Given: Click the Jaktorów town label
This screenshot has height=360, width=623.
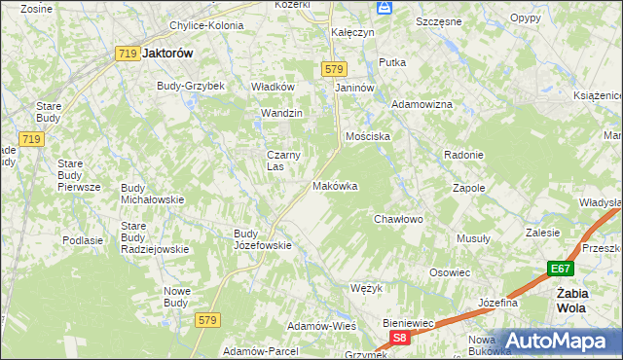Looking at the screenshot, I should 168,55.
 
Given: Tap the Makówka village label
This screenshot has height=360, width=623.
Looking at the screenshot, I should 335,186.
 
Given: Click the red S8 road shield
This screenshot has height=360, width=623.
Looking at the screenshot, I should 399,338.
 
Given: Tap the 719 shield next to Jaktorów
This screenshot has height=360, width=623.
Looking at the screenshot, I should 125,55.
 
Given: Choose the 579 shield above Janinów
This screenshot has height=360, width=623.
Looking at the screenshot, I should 334,69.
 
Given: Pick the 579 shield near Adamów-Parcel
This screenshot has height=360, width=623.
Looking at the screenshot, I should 205,319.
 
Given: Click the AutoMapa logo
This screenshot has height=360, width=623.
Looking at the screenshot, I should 555,341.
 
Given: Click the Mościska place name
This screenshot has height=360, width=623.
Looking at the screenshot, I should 367,137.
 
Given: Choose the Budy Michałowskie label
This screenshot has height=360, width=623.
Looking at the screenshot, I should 152,193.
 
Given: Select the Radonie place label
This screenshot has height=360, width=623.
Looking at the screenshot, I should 463,156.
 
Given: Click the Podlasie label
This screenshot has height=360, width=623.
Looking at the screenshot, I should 83,240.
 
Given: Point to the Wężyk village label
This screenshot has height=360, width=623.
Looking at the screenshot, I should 362,289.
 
